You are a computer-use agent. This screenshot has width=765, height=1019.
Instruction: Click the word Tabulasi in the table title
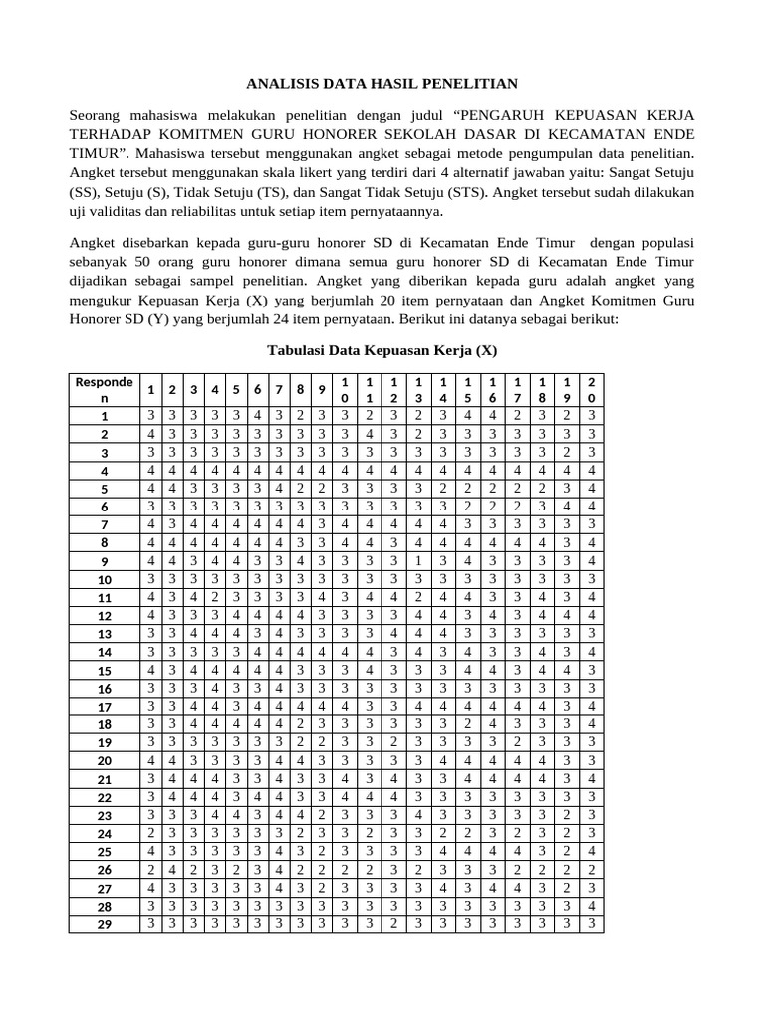[303, 350]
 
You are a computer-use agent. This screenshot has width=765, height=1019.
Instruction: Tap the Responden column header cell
[104, 388]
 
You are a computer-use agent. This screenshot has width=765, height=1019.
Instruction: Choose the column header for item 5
[236, 389]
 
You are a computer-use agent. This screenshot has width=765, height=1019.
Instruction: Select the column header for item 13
[418, 389]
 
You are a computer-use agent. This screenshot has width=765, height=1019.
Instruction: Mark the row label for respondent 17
[104, 707]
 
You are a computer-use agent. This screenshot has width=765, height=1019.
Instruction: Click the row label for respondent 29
[104, 924]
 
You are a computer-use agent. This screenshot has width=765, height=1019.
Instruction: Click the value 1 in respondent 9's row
[418, 561]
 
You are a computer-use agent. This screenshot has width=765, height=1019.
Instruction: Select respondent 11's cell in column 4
[214, 597]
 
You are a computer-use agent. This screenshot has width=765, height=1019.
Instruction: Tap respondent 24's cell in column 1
[150, 833]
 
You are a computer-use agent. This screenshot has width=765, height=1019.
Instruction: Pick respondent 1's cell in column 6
[258, 416]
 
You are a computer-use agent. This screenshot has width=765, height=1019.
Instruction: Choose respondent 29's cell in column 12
[393, 924]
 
